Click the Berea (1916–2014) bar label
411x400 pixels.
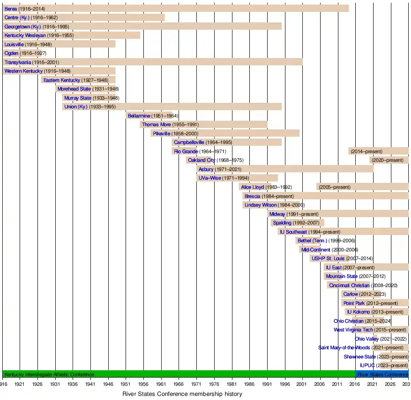[25, 9]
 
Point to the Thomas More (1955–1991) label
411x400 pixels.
[170, 125]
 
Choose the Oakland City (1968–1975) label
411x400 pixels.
[216, 160]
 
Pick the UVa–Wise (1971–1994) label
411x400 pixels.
[224, 178]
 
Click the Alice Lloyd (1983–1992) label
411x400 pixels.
[266, 187]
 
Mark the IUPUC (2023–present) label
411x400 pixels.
[384, 366]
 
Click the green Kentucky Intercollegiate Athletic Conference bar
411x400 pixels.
[178, 374]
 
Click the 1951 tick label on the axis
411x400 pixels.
[126, 384]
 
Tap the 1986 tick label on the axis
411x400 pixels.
[250, 384]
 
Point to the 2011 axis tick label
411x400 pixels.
[338, 384]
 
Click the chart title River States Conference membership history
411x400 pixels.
[182, 394]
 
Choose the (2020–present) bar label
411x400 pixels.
[388, 160]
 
